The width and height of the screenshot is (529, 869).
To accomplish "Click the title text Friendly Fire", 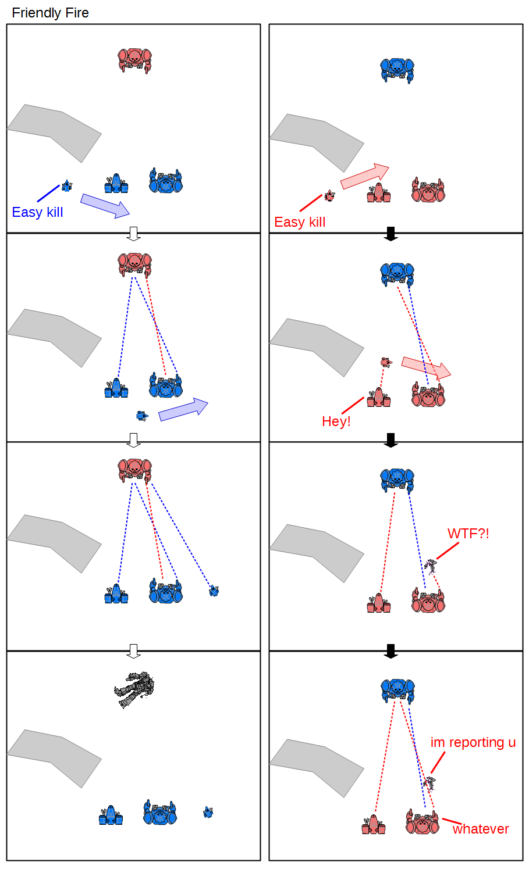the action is coord(50,13).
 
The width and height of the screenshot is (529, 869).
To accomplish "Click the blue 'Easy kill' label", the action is coord(37,212).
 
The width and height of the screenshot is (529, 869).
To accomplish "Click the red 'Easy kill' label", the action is coord(300,222).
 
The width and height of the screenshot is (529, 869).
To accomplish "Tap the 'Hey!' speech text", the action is coord(336,421).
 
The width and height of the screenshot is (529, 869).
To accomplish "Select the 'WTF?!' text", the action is coord(468,534).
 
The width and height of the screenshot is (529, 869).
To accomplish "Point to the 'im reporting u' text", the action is coord(473,742).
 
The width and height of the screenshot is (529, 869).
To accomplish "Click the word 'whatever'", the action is coord(481,829).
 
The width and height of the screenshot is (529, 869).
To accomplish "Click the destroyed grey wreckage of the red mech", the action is coord(134,689).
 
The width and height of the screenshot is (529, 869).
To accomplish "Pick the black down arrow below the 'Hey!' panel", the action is coord(390,440).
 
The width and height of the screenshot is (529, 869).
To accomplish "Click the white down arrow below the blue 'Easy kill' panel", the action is coord(134,234).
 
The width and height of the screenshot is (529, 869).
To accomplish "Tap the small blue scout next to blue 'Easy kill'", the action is coord(67,186).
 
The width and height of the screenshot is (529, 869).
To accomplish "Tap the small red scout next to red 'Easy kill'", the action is coord(329,196).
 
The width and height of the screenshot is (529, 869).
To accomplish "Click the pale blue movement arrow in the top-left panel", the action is coord(105,206).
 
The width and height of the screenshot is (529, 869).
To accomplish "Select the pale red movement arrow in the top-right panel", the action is coord(365,177).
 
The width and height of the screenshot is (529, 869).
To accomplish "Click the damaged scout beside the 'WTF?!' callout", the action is coord(430,566).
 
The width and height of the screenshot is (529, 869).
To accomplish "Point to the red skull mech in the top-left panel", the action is coord(134,60).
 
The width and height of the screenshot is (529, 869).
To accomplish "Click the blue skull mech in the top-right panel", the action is coord(397,70).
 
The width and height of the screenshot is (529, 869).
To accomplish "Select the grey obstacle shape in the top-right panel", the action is coord(317,143).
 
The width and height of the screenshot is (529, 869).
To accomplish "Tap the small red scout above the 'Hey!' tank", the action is coord(386,362).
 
